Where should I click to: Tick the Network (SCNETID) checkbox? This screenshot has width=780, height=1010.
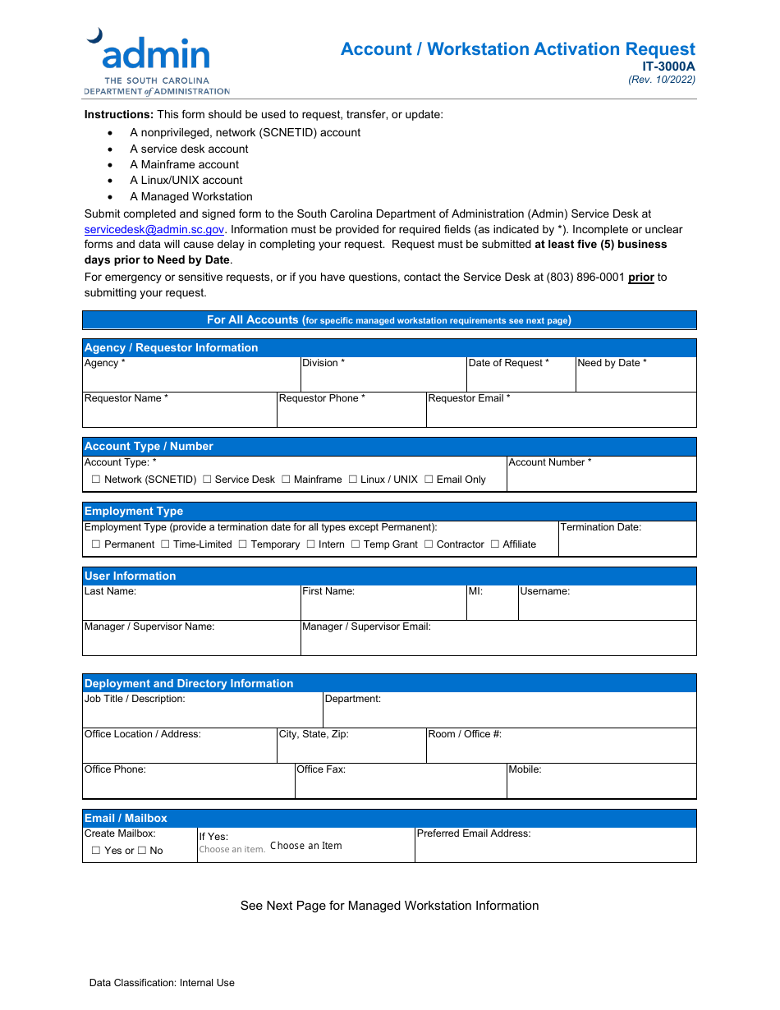[x=96, y=480]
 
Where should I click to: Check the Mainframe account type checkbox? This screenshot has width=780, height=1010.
[x=286, y=480]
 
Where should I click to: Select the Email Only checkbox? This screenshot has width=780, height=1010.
[x=429, y=480]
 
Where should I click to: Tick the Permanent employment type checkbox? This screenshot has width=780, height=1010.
[x=96, y=544]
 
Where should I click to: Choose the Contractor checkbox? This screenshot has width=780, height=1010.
[x=429, y=544]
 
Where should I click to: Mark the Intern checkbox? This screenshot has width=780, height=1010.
[x=311, y=544]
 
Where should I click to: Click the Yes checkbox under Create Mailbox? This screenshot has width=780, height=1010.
[x=96, y=851]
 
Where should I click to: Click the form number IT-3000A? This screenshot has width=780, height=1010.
[x=668, y=67]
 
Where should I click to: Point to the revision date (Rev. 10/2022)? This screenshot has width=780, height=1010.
[x=662, y=80]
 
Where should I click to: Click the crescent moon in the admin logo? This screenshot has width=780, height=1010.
[x=95, y=35]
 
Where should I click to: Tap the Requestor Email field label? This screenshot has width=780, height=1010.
[x=469, y=398]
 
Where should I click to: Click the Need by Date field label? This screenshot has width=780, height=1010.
[x=612, y=363]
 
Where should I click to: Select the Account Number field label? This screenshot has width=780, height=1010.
[x=549, y=462]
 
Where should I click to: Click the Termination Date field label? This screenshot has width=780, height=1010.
[x=600, y=527]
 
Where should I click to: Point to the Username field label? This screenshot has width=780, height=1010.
[x=544, y=591]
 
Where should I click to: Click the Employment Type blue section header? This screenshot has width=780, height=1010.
[x=134, y=511]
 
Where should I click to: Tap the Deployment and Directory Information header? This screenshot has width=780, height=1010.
[x=189, y=683]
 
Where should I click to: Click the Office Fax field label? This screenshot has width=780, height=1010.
[x=321, y=769]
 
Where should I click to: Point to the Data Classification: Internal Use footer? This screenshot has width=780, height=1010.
[x=162, y=983]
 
